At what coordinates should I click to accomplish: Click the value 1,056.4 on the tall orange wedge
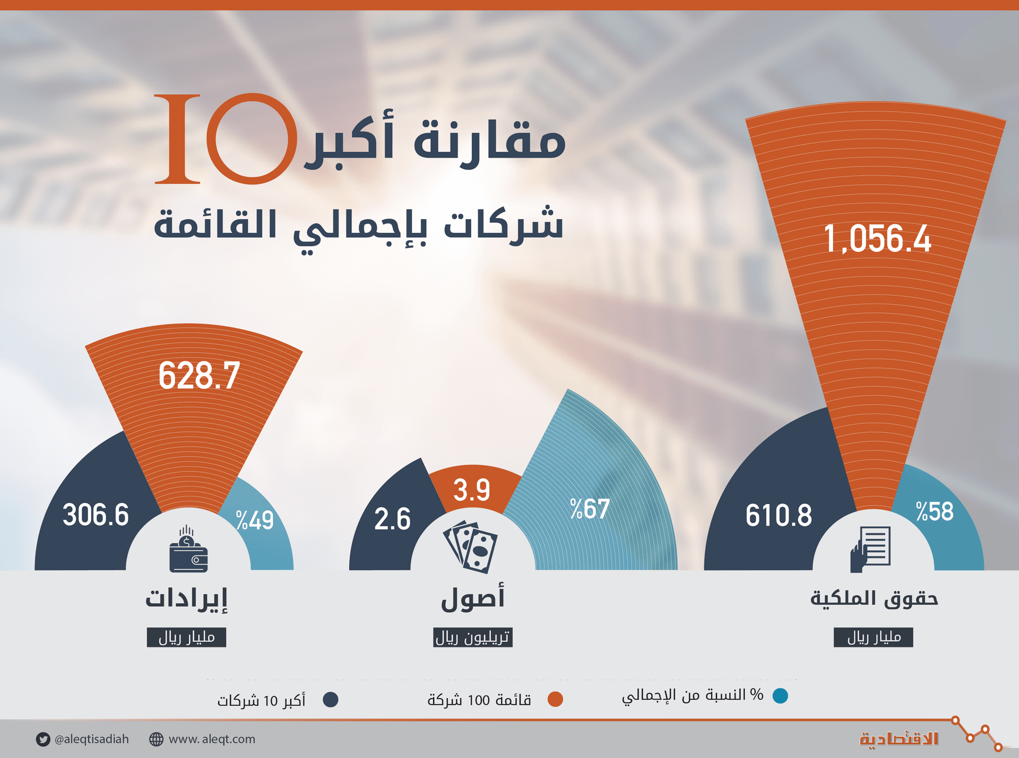coord(877,239)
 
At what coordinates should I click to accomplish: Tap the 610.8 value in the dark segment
coord(779,515)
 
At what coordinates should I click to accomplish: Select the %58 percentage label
coord(935,512)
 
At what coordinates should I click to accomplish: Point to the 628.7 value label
coord(199,376)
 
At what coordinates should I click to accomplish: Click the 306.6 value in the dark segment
coord(96,515)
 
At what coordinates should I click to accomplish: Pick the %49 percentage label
coord(255,520)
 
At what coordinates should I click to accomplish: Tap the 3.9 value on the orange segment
coord(472,490)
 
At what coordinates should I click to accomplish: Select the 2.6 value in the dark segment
coord(392,519)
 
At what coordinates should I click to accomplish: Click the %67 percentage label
coord(590,509)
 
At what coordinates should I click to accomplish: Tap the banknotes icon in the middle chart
coord(471,547)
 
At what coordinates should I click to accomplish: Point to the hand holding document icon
coord(870,550)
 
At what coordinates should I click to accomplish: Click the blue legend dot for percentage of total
coord(780,696)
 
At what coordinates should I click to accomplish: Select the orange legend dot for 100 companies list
coord(555,700)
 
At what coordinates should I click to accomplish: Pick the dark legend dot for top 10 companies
coord(331,700)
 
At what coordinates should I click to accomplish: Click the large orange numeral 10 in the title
coord(226,139)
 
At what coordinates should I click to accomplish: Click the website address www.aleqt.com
coord(211,739)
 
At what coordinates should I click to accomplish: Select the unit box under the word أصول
coord(472,637)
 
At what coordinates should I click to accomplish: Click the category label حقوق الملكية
coord(874,598)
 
